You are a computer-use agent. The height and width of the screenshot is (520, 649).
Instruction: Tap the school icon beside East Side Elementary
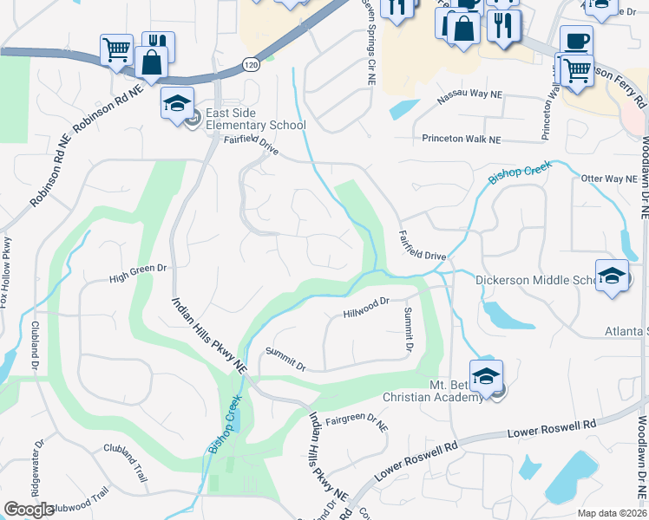[x=178, y=104]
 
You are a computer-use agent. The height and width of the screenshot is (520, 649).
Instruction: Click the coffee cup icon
[x=575, y=40]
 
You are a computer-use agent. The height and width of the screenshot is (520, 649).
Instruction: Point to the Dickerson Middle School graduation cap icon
[x=613, y=276]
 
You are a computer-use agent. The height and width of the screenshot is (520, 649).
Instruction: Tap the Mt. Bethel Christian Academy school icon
[x=487, y=377]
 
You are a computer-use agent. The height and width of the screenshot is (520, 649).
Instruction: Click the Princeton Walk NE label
[x=462, y=139]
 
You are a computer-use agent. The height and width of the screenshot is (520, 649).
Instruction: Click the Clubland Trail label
[x=128, y=459]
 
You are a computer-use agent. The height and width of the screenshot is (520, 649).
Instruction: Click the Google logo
[x=29, y=510]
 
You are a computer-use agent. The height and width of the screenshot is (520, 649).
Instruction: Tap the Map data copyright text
[x=613, y=513]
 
